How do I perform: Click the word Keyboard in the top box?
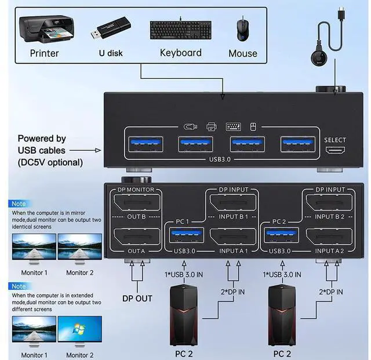tap(181, 53)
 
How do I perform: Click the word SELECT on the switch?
tap(335, 140)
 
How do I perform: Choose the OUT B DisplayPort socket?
tap(137, 204)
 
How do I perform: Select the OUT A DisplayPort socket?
tap(137, 238)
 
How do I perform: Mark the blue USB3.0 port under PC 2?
tap(280, 235)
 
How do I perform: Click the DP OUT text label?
tap(136, 299)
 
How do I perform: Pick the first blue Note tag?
tap(19, 204)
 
